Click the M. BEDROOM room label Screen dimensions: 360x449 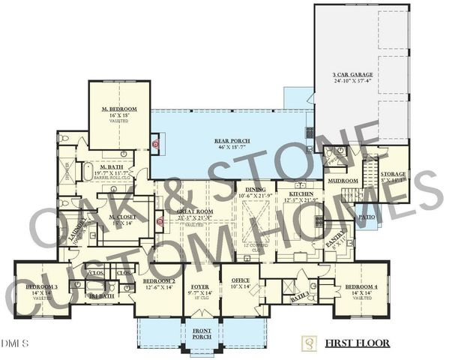(x=120, y=109)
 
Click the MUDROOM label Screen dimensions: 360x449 (x=345, y=181)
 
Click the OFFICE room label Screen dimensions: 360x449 (x=240, y=280)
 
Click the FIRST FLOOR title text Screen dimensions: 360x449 (x=357, y=343)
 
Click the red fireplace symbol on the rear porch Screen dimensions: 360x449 (x=156, y=143)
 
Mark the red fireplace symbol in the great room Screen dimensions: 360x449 (x=158, y=222)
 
